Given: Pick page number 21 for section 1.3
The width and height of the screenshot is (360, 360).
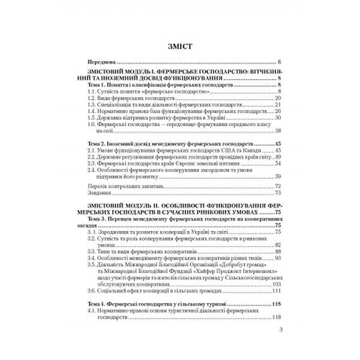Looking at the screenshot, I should (278, 104).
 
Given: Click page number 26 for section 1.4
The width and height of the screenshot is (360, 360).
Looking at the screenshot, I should (278, 111).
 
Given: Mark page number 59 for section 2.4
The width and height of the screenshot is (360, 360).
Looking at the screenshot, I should (278, 177).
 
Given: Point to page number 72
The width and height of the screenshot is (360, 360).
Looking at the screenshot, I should (278, 187).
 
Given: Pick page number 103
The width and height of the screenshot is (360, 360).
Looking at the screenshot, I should (277, 284).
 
